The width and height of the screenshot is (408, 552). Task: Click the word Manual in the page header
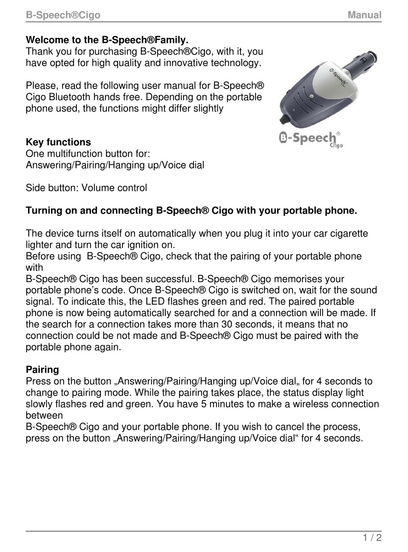click(364, 15)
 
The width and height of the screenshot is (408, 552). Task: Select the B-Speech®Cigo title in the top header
click(63, 15)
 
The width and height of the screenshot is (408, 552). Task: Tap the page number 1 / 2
click(372, 537)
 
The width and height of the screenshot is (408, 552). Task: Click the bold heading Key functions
click(58, 142)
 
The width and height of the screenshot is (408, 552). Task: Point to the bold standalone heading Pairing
click(43, 370)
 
